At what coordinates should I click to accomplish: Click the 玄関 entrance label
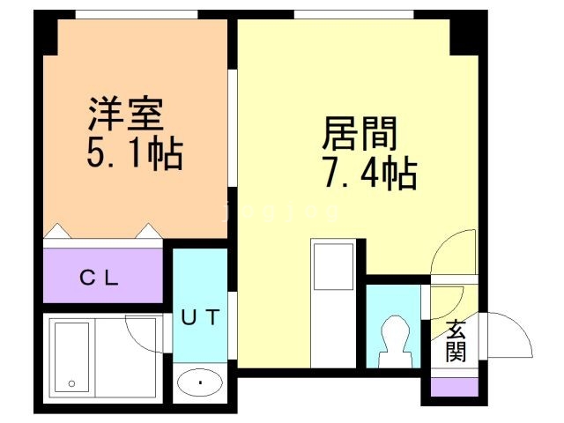[x=455, y=342]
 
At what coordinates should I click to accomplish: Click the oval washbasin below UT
[x=202, y=382]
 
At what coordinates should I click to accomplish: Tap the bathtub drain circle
[x=71, y=385]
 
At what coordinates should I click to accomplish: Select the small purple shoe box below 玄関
[x=454, y=386]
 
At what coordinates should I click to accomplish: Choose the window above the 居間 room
[x=352, y=14]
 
